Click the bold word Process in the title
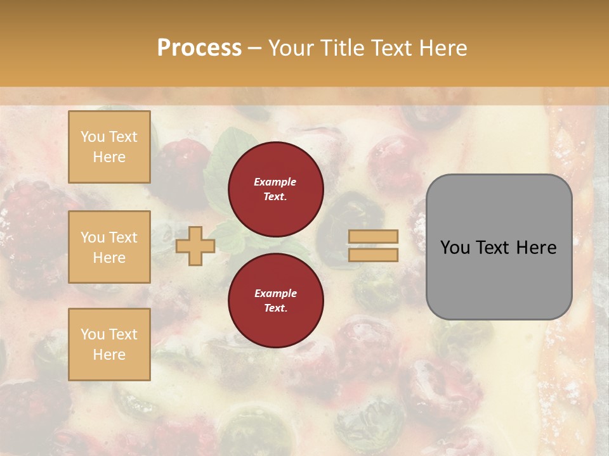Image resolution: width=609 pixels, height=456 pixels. [199, 48]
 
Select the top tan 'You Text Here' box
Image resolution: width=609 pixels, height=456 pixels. [109, 147]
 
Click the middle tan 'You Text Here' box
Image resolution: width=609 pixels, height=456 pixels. [109, 247]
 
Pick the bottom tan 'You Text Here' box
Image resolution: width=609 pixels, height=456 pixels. [109, 345]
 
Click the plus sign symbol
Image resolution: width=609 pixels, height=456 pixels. [195, 246]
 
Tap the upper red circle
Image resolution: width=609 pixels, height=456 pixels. [276, 189]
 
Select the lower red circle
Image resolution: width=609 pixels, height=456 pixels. [276, 300]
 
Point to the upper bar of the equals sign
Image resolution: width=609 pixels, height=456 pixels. [373, 236]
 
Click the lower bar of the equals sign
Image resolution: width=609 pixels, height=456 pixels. [373, 255]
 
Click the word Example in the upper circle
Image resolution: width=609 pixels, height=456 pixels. [275, 182]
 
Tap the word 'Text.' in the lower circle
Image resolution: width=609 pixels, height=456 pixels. [275, 308]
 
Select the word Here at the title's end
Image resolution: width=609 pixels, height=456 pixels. [444, 48]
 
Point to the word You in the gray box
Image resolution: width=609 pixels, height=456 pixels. [455, 248]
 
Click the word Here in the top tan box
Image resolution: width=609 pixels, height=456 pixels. [109, 157]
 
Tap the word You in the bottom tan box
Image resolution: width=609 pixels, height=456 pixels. [93, 334]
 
